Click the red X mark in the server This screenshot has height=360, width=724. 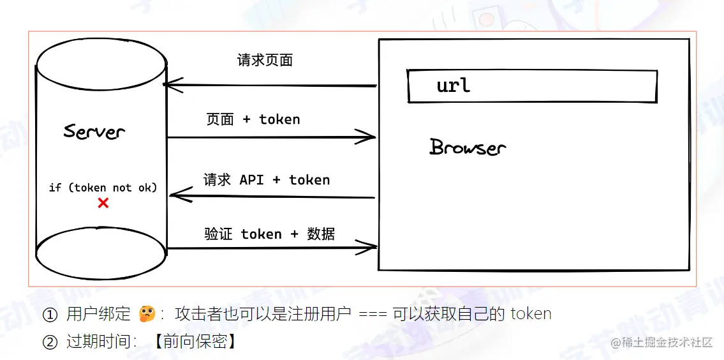103,203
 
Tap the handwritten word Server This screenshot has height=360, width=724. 94,131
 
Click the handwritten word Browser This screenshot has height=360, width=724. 468,147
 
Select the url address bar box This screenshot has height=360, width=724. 532,86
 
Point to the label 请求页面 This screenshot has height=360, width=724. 265,61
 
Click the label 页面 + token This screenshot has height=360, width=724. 253,119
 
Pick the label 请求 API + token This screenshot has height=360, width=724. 267,180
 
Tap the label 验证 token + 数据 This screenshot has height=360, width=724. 270,234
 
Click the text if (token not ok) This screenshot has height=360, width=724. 103,188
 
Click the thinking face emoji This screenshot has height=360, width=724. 147,314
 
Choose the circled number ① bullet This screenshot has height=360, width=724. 50,315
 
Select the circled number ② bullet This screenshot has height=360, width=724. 50,341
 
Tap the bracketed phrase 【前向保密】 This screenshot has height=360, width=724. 195,341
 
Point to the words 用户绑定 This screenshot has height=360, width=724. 98,314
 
